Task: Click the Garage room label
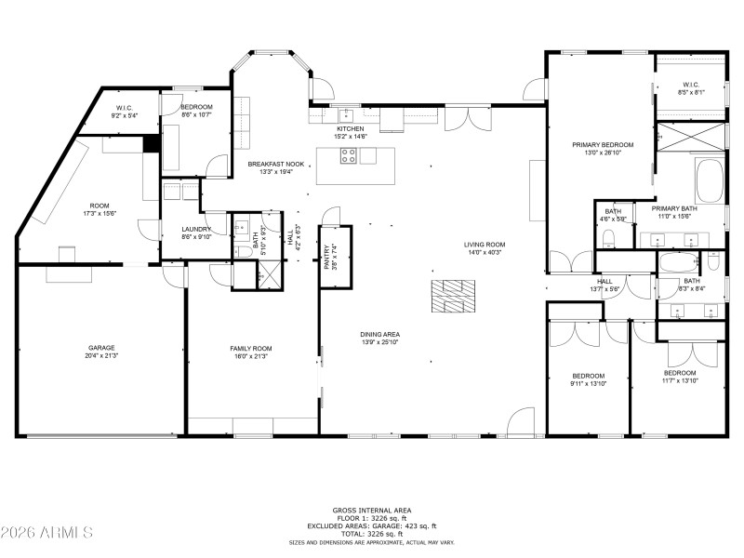coord(101,348)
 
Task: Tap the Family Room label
coord(251,348)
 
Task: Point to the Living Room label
coord(484,245)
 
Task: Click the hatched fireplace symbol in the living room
coord(452,297)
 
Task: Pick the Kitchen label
coord(350,129)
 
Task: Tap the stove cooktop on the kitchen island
coord(350,156)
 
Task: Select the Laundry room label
coord(197,229)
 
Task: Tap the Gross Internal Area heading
coord(371,510)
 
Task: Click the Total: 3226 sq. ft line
coord(371,534)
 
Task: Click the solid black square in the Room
coord(151,144)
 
